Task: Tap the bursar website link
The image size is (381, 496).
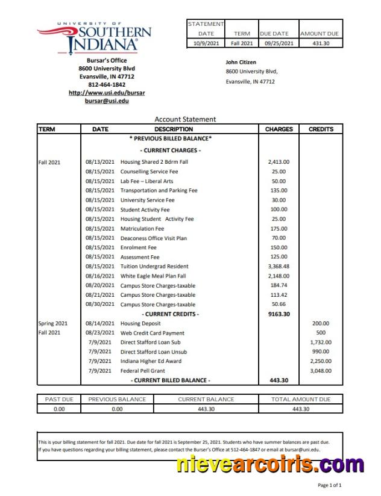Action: tap(107, 93)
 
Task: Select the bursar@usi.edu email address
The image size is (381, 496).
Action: tap(107, 101)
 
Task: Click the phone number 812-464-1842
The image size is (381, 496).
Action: tap(107, 85)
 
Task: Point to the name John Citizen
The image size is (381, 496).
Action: tap(241, 62)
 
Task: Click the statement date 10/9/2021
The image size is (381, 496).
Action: tap(206, 43)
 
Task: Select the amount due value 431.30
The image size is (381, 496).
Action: tap(321, 43)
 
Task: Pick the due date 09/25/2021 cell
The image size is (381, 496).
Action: tap(279, 43)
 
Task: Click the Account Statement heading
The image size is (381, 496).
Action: tap(185, 119)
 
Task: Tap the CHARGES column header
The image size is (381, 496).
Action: tap(279, 129)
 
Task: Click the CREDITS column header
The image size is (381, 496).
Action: tap(321, 129)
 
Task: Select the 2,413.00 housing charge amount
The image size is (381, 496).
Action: tap(279, 162)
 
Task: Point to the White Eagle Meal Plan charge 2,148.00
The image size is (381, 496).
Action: tap(279, 276)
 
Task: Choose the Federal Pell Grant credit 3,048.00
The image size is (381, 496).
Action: tap(321, 371)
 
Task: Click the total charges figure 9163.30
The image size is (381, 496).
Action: tap(279, 314)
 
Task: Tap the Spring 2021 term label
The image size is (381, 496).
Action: tap(53, 323)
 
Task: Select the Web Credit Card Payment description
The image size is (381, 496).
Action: tap(153, 333)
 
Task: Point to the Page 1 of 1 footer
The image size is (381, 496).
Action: tap(330, 485)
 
